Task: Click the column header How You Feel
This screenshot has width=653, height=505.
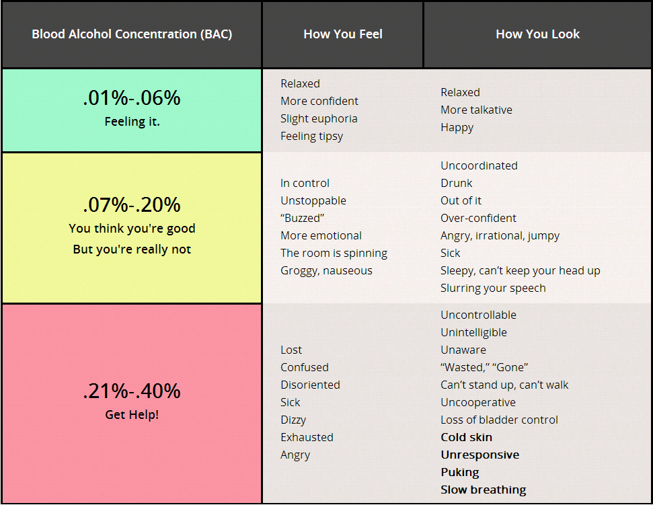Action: tap(343, 34)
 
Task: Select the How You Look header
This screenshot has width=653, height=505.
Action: tap(537, 34)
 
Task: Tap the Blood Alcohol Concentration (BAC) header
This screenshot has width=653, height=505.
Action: tap(132, 34)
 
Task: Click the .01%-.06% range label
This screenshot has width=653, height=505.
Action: tap(132, 98)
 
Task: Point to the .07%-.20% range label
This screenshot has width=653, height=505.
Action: tap(132, 204)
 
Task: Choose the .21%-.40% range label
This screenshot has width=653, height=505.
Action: tap(132, 391)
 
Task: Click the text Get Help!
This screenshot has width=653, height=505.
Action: tap(132, 415)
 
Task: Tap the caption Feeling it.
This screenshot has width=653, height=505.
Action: tap(132, 122)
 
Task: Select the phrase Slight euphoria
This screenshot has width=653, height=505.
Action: tap(319, 118)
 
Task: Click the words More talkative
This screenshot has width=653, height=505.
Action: tap(476, 110)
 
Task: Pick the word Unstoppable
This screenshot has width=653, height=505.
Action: tap(313, 200)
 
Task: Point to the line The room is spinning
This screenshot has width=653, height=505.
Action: tap(334, 253)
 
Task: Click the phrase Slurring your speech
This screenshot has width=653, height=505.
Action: tap(493, 288)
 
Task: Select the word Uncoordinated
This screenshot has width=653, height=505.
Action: tap(479, 165)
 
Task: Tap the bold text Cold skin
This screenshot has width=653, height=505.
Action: tap(466, 437)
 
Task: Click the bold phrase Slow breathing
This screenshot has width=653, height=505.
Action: tap(483, 490)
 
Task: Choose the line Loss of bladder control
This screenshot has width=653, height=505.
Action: tap(499, 420)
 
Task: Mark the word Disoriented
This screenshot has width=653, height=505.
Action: tap(310, 385)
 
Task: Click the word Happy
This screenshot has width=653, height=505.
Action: tap(457, 127)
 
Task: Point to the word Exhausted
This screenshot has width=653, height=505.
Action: tap(307, 437)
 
